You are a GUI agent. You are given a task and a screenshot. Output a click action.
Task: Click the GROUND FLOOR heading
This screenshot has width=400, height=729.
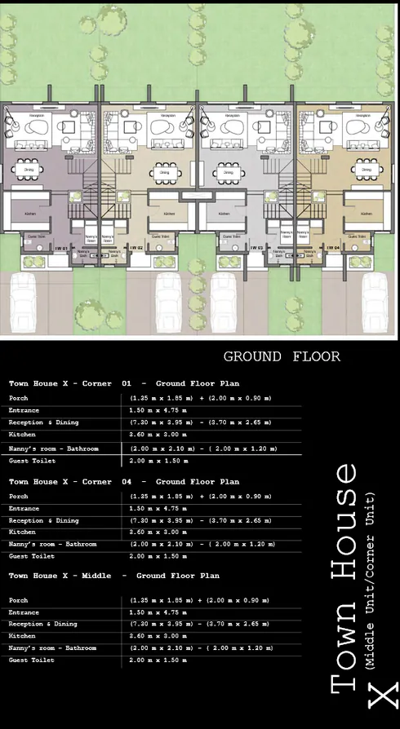pos(282,356)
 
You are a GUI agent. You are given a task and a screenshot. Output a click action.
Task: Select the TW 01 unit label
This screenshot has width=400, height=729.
pos(60,247)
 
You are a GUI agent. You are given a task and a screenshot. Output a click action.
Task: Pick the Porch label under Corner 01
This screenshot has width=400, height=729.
pos(18,398)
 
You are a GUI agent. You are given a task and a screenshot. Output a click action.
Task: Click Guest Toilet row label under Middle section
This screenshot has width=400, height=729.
pos(31,660)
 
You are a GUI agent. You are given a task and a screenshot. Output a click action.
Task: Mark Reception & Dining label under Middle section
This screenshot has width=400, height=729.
pos(43,624)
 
